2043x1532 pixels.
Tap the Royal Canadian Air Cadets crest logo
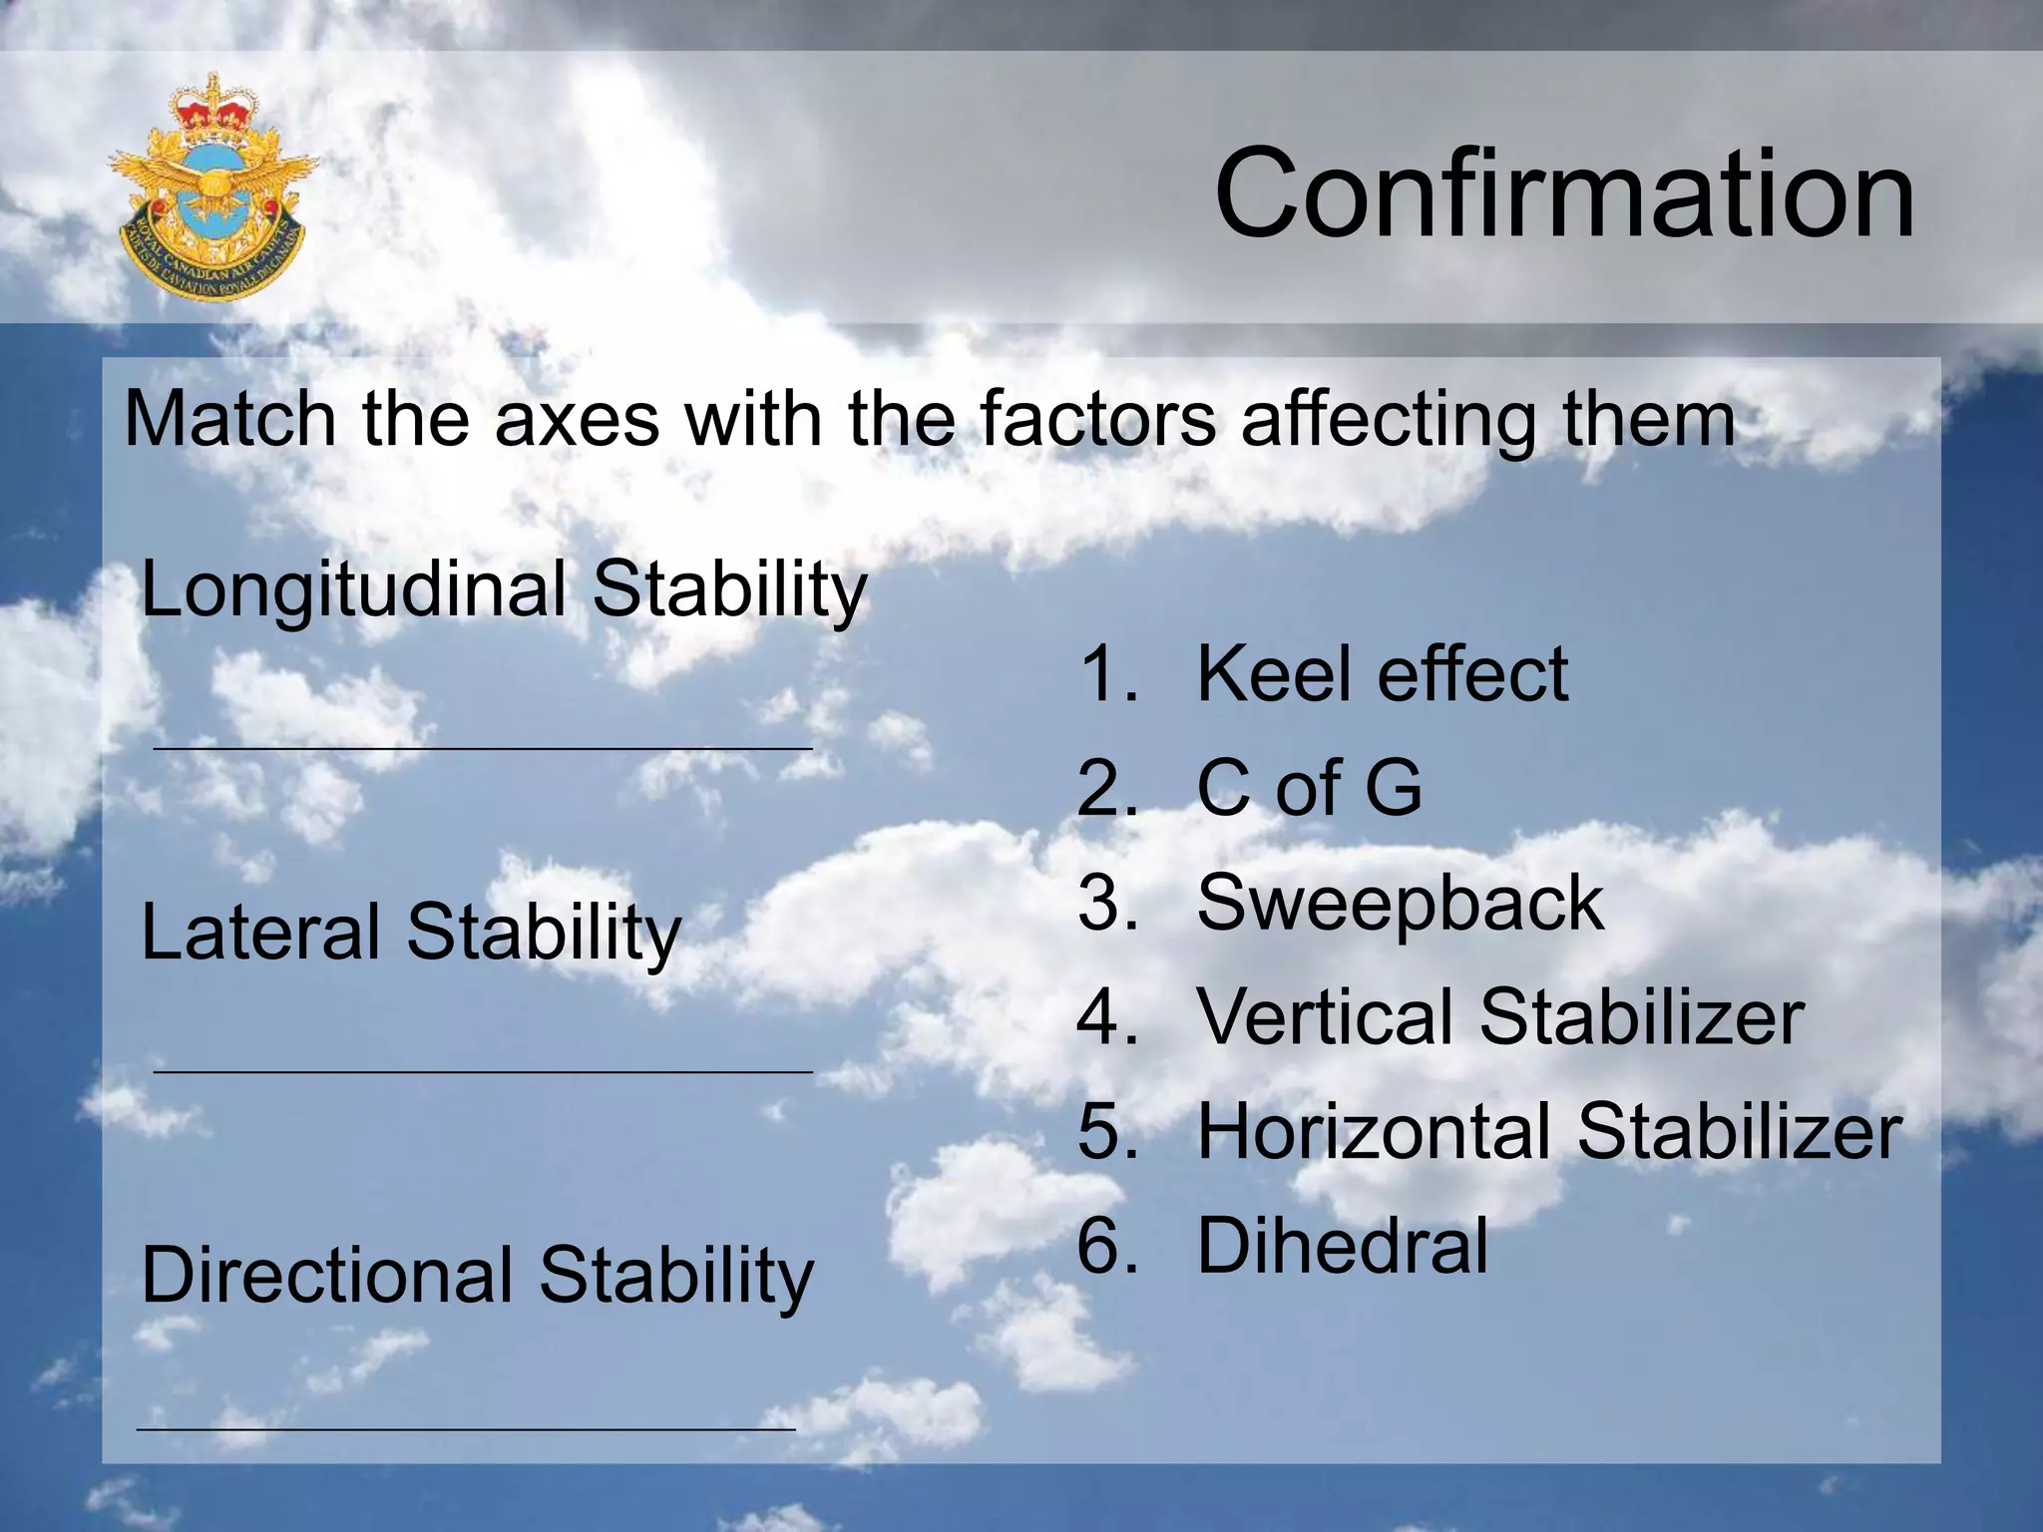(x=212, y=190)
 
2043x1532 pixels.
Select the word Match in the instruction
(x=229, y=419)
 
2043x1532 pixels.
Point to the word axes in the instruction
(x=577, y=419)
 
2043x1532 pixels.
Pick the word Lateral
(x=260, y=932)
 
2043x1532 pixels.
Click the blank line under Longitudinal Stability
(x=483, y=747)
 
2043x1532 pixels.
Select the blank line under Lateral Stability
(x=483, y=1071)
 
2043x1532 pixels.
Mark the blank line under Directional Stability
(x=466, y=1429)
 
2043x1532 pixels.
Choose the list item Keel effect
(x=1382, y=674)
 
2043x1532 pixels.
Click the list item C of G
(x=1309, y=788)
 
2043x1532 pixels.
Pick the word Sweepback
(x=1400, y=903)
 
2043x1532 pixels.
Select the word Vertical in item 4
(x=1326, y=1017)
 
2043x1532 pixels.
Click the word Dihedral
(x=1342, y=1246)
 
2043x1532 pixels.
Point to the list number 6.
(x=1105, y=1246)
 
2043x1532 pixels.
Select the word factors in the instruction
(x=1097, y=419)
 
